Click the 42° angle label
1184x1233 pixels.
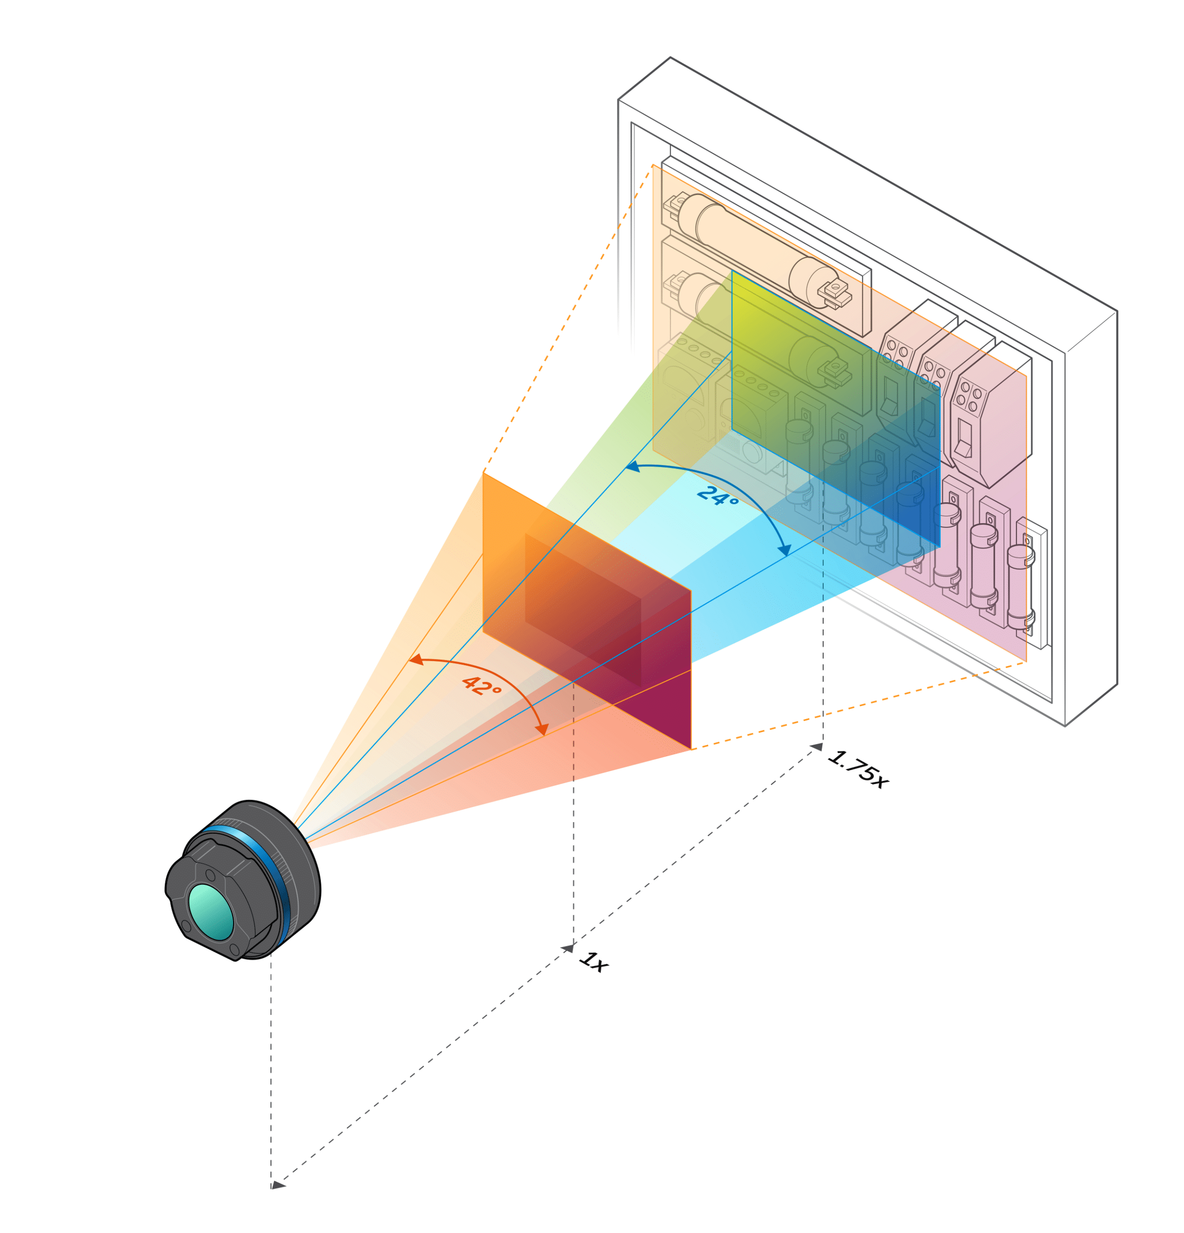(x=481, y=686)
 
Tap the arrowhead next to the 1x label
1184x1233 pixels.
(x=567, y=948)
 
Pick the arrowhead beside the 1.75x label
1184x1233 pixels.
(x=816, y=747)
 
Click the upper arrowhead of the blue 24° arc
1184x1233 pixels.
(x=631, y=467)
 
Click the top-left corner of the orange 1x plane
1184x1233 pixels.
(x=483, y=472)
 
